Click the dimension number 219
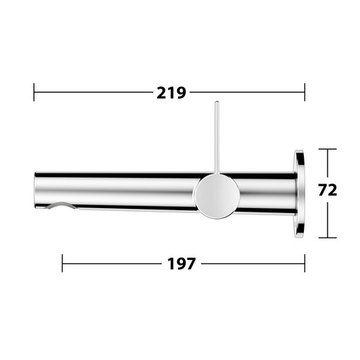click(171, 93)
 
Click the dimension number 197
click(181, 264)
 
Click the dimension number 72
click(328, 190)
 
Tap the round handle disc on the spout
click(217, 196)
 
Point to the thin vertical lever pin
click(217, 138)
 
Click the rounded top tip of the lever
click(217, 102)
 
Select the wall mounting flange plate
click(300, 194)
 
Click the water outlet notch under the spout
click(60, 205)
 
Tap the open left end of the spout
click(35, 190)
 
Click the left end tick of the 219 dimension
click(34, 92)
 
